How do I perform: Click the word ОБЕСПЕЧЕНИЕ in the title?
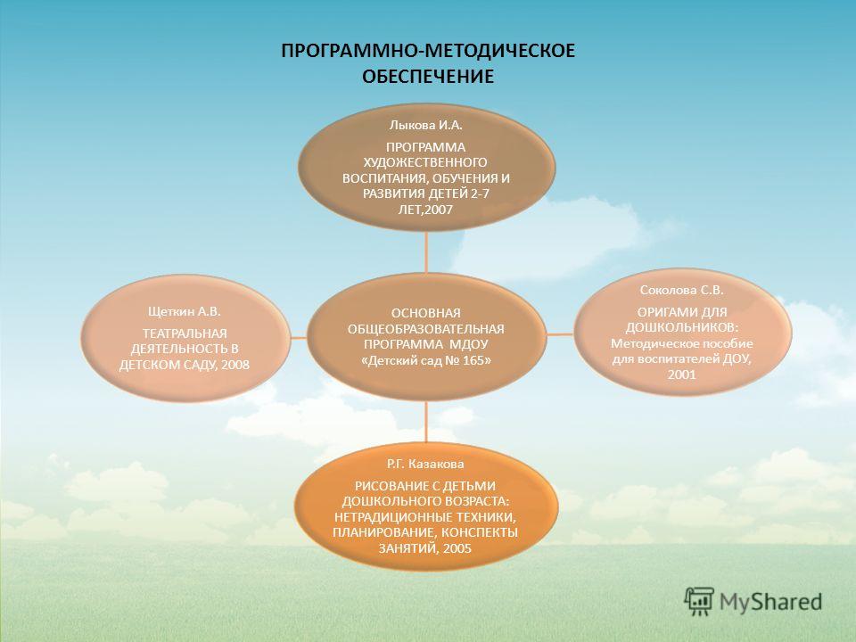(428, 77)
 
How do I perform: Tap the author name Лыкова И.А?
(426, 125)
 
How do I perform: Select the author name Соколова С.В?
(682, 291)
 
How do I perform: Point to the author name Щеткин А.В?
(185, 312)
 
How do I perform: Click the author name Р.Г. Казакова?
(425, 464)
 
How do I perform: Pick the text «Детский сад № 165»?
(426, 361)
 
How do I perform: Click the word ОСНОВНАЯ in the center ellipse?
(426, 313)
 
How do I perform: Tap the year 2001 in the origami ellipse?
(681, 375)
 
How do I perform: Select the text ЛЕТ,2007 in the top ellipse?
(426, 210)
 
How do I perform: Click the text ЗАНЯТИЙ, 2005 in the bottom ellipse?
(424, 548)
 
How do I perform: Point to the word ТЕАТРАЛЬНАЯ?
(185, 333)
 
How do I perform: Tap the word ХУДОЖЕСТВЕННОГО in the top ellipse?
(425, 162)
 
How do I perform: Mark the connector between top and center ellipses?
(426, 252)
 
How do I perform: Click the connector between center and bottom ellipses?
(426, 422)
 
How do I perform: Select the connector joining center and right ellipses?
(559, 333)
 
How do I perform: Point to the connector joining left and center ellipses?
(298, 338)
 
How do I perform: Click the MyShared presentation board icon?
(699, 602)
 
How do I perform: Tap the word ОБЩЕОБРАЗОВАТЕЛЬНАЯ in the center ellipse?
(426, 329)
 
